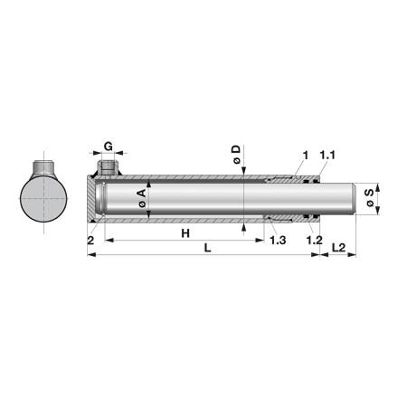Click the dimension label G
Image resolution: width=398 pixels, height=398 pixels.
tap(109, 147)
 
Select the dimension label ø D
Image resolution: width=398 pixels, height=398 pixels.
tap(237, 155)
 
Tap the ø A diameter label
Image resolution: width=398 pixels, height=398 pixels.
tap(142, 198)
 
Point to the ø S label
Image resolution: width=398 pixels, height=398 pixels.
tap(369, 198)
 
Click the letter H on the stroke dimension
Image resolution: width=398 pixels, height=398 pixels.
tap(185, 233)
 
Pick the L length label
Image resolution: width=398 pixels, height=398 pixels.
tap(207, 248)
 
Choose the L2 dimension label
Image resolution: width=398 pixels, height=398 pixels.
tap(338, 248)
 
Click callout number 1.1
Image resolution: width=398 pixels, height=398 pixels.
tap(327, 156)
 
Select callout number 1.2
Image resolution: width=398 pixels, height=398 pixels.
tap(315, 241)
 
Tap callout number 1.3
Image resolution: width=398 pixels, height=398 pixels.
tap(278, 241)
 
